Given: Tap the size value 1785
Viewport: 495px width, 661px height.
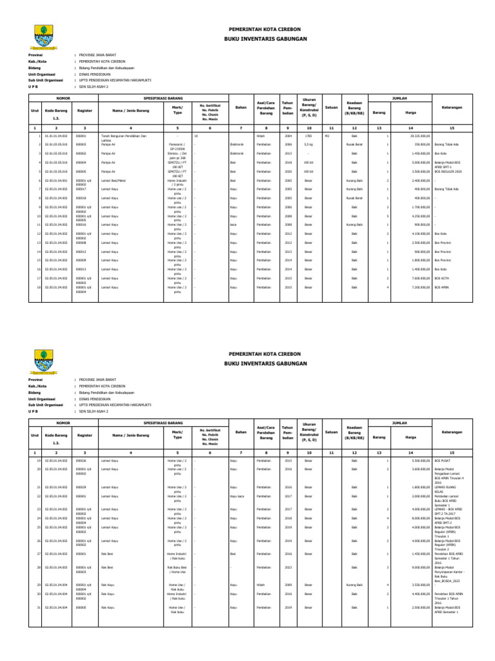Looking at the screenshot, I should coord(308,137).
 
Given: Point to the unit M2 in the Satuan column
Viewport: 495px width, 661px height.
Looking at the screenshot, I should coord(327,137).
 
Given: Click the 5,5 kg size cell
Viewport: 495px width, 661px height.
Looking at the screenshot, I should coord(308,145).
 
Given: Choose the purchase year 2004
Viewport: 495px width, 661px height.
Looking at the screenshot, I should coord(288,137).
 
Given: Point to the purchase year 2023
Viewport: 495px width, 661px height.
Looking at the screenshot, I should coord(288,567).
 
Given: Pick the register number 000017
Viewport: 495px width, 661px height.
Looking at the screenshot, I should coord(81,189).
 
